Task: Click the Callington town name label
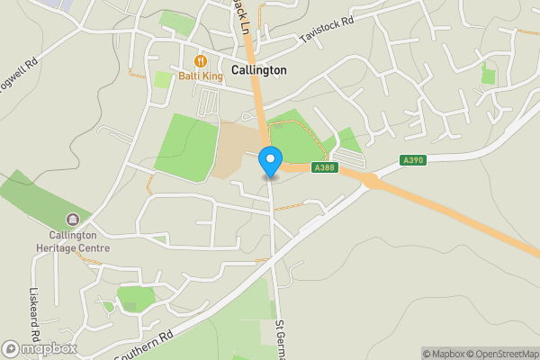(x=258, y=69)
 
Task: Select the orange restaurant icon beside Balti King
(x=200, y=60)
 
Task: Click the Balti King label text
(x=200, y=76)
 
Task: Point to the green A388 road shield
(x=325, y=167)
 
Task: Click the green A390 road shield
(x=413, y=160)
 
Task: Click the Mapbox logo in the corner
(x=40, y=348)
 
